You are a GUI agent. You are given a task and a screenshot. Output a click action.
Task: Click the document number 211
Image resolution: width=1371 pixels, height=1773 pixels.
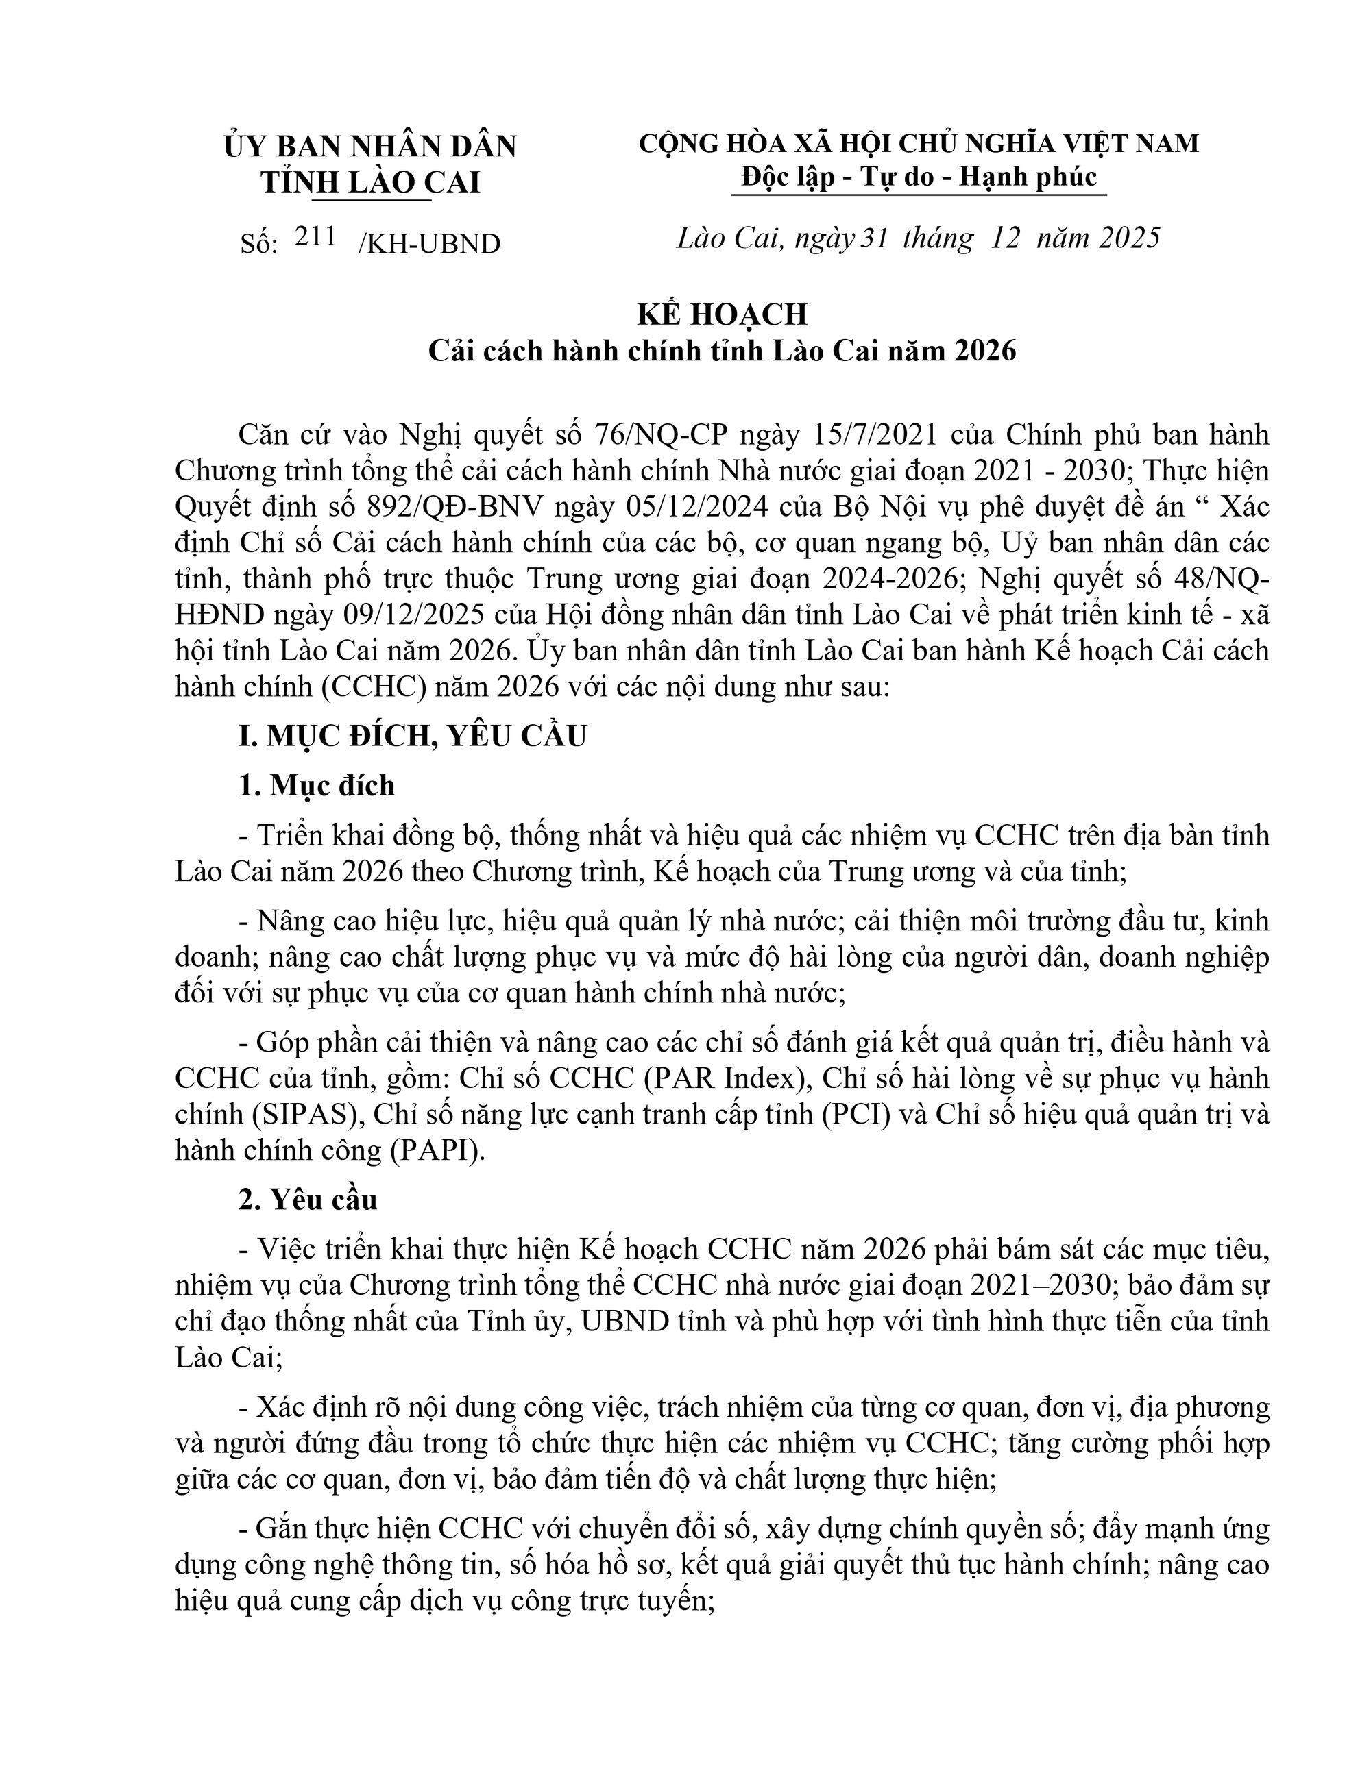(316, 236)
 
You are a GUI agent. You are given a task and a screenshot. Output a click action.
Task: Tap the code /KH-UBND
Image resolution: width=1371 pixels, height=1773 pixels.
(429, 243)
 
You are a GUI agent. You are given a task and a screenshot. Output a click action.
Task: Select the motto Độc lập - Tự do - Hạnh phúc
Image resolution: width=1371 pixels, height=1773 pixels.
(919, 177)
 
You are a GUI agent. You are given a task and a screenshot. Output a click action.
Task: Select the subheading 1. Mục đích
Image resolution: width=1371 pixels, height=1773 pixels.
(316, 785)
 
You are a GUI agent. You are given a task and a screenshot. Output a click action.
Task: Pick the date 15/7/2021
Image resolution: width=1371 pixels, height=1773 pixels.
(875, 435)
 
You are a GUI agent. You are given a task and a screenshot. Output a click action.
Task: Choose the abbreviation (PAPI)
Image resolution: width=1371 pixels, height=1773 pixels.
(439, 1150)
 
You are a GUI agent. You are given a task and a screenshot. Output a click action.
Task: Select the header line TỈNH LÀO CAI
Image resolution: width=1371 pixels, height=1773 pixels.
(370, 183)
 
